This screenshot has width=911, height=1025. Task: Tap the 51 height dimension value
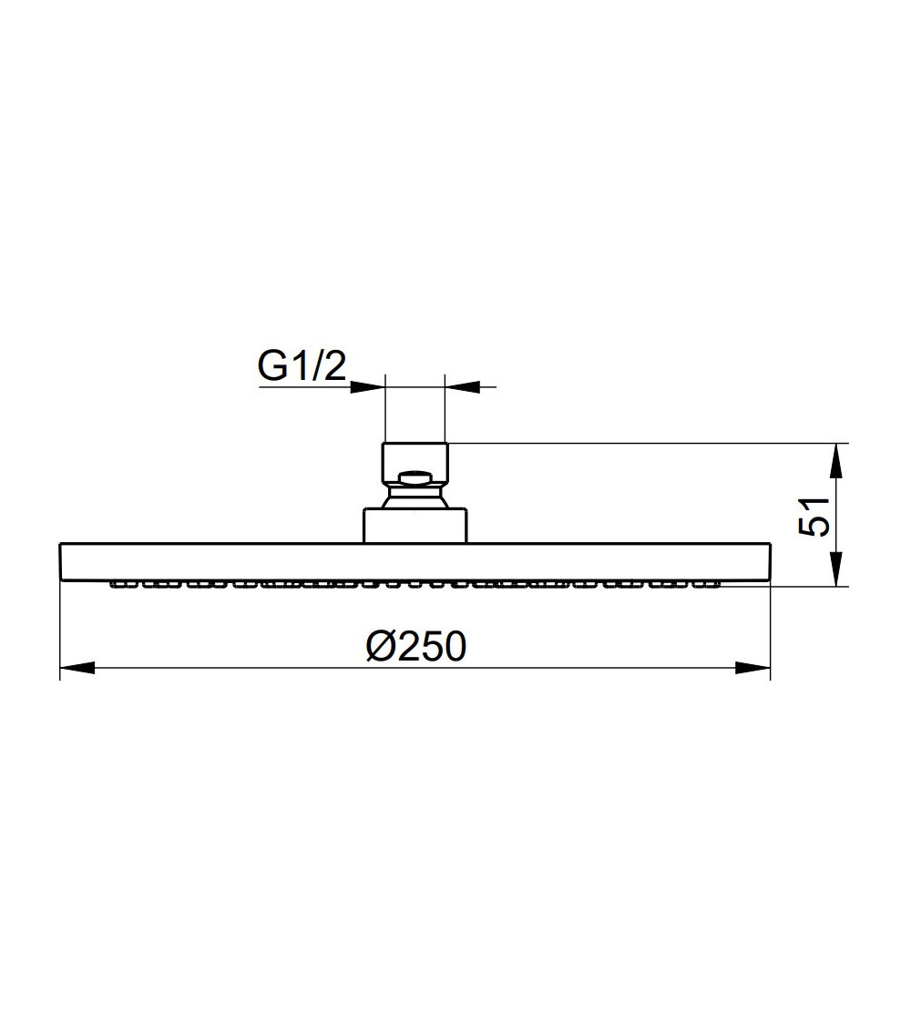[814, 516]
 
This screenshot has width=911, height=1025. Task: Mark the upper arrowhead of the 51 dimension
[837, 460]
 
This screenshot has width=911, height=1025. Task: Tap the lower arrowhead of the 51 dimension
[837, 569]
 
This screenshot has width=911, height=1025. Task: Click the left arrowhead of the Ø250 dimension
[77, 669]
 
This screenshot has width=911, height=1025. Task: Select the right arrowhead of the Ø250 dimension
[752, 669]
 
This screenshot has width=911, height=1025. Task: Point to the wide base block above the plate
[416, 526]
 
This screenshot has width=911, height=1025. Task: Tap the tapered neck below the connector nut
[415, 497]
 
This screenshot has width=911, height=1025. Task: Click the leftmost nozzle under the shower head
[118, 585]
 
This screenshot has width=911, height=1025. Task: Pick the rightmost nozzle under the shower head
[713, 585]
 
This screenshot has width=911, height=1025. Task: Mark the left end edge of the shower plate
[60, 561]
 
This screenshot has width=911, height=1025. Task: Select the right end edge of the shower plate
[771, 561]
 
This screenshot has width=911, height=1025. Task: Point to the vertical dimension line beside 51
[837, 515]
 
